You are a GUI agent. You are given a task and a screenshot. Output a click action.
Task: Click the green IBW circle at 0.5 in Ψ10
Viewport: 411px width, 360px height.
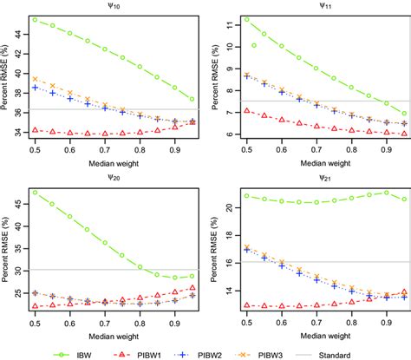pos(34,19)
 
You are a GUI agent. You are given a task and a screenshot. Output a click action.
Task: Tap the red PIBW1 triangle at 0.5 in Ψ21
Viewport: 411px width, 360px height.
pos(247,305)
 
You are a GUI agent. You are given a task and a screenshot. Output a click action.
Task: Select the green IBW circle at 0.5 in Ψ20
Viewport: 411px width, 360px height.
pos(34,192)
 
